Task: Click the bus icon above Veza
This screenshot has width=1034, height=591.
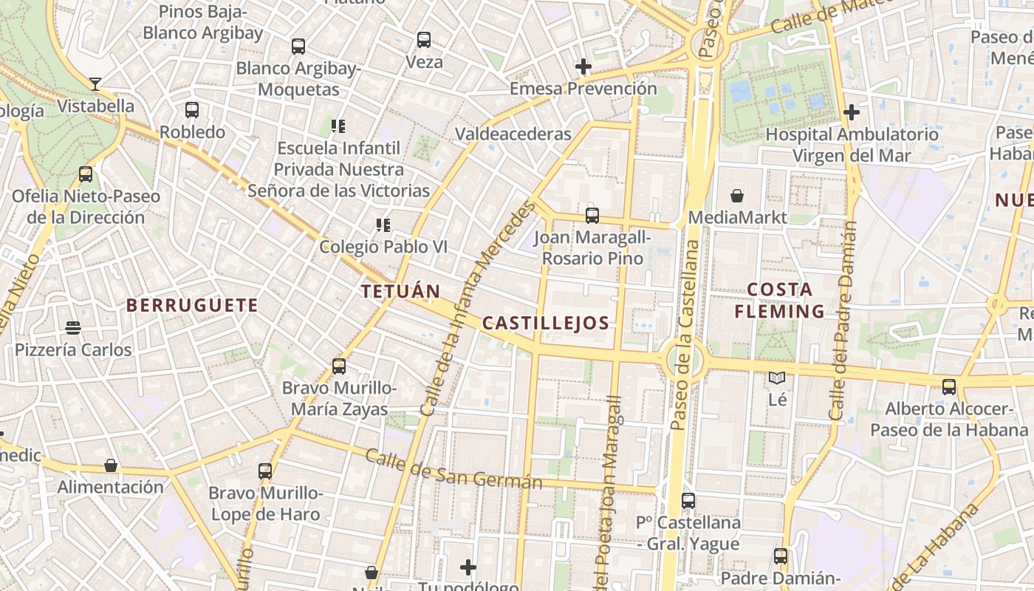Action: click(423, 40)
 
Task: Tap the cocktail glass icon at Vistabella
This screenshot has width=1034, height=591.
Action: click(95, 83)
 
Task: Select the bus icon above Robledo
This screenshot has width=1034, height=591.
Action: click(192, 110)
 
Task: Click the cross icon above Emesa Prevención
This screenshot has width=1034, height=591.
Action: click(583, 66)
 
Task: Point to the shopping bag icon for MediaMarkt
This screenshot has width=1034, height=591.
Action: click(736, 196)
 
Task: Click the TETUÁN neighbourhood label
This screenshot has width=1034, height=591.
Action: click(400, 291)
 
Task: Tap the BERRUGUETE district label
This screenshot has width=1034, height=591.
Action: click(192, 305)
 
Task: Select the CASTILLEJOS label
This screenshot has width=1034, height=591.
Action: click(546, 323)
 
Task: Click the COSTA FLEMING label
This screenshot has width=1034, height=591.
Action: click(779, 300)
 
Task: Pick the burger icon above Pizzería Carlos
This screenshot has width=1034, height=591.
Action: click(72, 327)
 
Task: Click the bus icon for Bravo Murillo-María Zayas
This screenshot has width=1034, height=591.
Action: click(339, 366)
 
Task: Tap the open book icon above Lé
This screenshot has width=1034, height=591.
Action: click(777, 378)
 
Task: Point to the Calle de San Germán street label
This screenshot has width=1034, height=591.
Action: click(453, 469)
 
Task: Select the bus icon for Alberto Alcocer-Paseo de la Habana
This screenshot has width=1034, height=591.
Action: click(949, 386)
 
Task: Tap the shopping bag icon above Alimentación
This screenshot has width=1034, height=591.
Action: click(111, 465)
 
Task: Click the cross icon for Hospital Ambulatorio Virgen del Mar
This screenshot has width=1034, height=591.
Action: click(852, 112)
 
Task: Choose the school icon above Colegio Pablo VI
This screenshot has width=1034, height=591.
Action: click(383, 225)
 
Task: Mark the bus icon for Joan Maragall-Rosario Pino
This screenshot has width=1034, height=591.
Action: click(592, 216)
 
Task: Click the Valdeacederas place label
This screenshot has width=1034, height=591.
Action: click(513, 134)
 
